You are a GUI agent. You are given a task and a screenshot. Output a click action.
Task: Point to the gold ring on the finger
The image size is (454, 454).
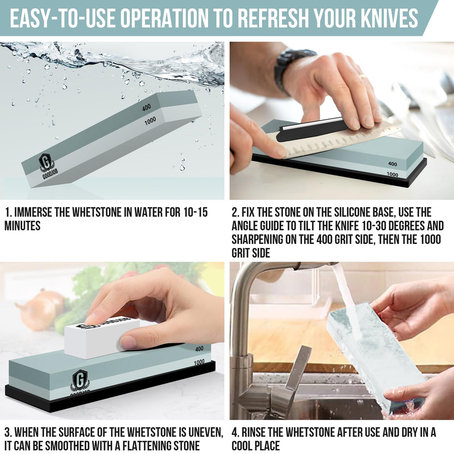[362, 76]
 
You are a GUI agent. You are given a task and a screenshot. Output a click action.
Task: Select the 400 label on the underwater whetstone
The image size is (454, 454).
[147, 108]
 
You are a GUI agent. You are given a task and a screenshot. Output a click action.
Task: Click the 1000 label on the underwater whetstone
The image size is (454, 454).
[150, 121]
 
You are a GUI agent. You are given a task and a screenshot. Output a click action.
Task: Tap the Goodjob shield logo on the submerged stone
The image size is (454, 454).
[46, 162]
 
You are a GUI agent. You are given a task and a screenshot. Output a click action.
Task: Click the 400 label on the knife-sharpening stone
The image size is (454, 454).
[393, 164]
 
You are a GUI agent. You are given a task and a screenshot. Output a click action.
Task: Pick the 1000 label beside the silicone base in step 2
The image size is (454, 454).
[393, 174]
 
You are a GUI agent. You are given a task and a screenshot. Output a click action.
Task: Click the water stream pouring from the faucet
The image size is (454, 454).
[346, 301]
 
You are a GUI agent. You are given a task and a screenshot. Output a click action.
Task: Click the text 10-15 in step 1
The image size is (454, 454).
[195, 212]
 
